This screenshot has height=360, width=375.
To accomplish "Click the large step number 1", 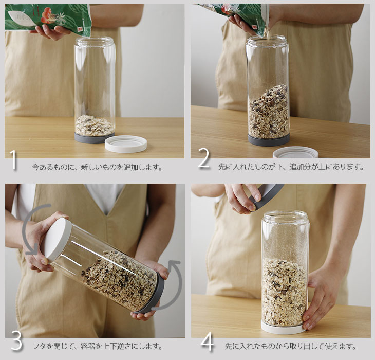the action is tap(14, 160).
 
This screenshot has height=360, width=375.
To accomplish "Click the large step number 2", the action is tap(204, 158).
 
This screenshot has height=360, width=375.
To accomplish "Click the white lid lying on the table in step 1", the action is tap(126, 143).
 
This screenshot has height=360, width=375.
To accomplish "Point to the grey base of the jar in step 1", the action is tap(94, 138).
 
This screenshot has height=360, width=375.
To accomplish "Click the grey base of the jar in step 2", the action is tap(269, 140).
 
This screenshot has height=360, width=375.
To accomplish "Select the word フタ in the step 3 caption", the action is tap(40, 346).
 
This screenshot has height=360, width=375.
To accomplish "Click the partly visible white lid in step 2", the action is tap(295, 152).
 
